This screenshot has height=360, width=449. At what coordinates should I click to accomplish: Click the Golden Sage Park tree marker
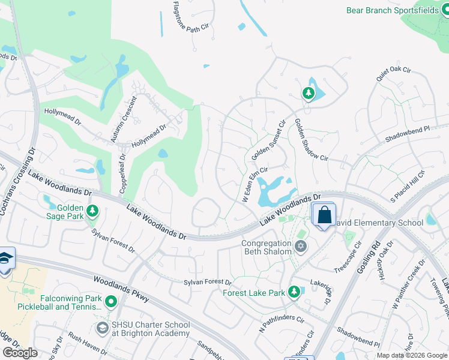[92, 211]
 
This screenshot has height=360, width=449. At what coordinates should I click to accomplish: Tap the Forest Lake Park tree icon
[294, 292]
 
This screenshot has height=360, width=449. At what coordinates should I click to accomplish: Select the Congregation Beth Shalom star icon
[300, 246]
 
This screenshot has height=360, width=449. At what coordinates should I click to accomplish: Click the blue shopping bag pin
[324, 215]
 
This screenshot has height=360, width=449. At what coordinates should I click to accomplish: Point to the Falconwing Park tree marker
[110, 302]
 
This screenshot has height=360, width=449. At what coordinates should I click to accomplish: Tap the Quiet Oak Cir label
[393, 74]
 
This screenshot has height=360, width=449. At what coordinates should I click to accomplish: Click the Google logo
[20, 353]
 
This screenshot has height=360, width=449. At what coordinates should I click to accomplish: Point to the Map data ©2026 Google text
[412, 355]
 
